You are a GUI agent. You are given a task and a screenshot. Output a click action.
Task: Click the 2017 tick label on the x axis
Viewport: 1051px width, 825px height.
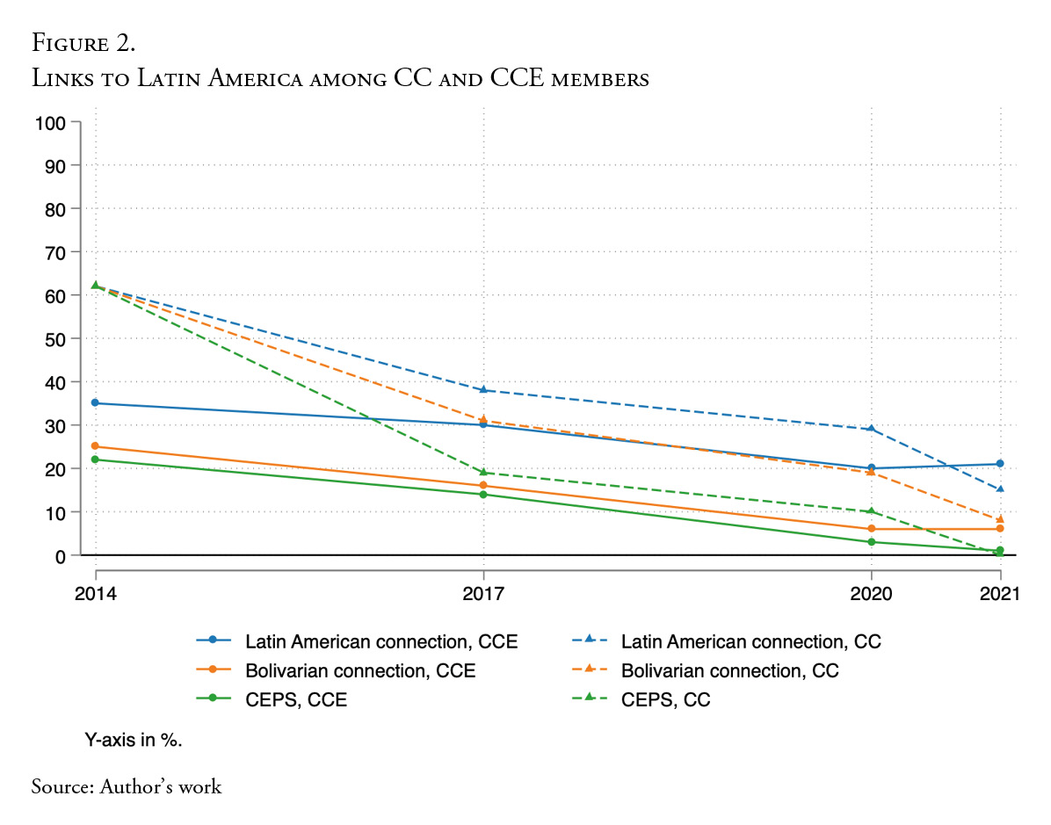coord(483,594)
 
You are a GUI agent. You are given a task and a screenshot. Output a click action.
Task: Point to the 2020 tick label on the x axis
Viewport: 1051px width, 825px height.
coord(870,594)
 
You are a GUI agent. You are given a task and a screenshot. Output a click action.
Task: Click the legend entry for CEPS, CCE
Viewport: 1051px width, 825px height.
coord(296,700)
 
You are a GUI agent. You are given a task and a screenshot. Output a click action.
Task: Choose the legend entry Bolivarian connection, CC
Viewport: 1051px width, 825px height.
coord(729,671)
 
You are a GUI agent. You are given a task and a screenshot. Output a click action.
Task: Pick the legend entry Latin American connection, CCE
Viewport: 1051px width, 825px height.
coord(381,641)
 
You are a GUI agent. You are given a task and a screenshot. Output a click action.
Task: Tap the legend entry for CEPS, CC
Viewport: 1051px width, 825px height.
coord(665,700)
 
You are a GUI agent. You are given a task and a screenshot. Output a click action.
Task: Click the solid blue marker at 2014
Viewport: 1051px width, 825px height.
coord(95,403)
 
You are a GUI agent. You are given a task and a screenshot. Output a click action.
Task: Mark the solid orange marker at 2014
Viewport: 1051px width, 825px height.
coord(95,446)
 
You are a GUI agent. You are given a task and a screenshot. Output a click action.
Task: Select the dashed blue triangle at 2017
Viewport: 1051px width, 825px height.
coord(483,390)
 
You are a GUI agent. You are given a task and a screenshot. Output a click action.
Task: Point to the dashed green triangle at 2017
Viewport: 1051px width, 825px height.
coord(483,473)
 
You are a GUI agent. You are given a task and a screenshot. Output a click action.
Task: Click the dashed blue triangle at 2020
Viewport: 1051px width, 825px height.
coord(871,429)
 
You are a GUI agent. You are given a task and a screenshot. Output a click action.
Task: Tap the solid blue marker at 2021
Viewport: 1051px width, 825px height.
coord(1000,464)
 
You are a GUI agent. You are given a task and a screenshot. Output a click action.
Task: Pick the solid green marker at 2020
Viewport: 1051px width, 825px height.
coord(871,542)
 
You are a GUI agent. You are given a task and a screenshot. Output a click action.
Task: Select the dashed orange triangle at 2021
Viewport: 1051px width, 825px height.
coord(1000,519)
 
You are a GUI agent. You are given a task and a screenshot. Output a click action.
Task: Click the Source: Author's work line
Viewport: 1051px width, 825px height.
coord(127,785)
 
